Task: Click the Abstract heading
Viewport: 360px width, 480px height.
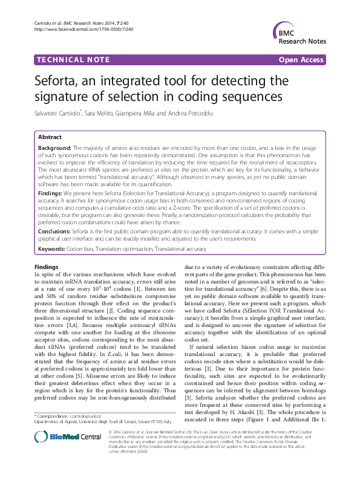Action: tap(50, 137)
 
